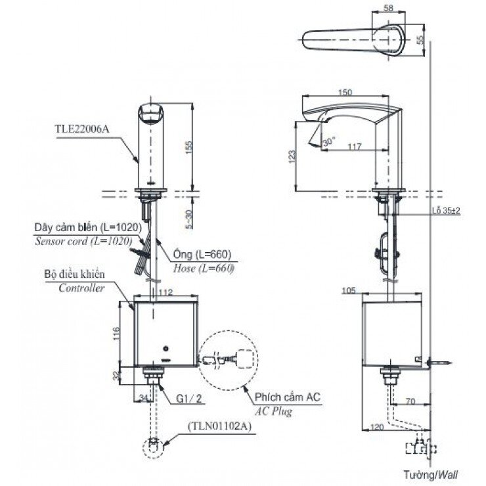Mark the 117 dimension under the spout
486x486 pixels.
[354, 147]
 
